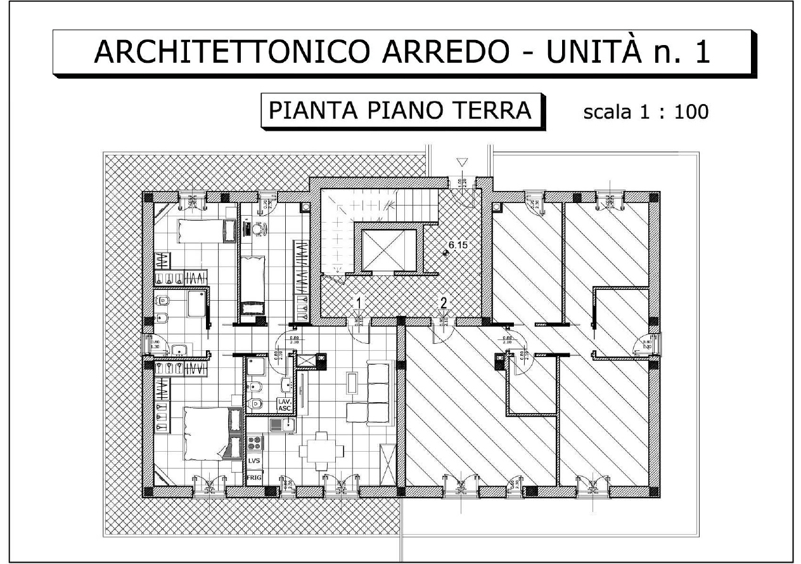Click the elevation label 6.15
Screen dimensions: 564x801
click(x=458, y=244)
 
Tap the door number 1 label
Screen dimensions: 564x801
click(x=359, y=302)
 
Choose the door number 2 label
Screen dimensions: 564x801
click(x=444, y=302)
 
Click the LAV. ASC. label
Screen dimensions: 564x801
click(x=285, y=405)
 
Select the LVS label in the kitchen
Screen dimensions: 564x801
click(x=255, y=461)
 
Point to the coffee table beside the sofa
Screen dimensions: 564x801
click(x=352, y=383)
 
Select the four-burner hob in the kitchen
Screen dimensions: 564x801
click(x=256, y=442)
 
